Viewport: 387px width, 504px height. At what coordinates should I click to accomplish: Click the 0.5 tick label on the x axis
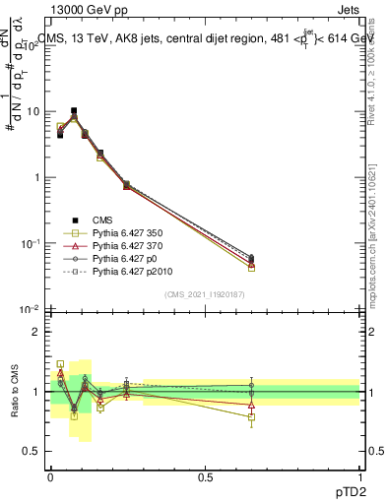205,475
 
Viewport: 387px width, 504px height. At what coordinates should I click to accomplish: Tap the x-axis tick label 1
359,475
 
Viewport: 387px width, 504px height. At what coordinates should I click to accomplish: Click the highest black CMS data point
74,111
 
